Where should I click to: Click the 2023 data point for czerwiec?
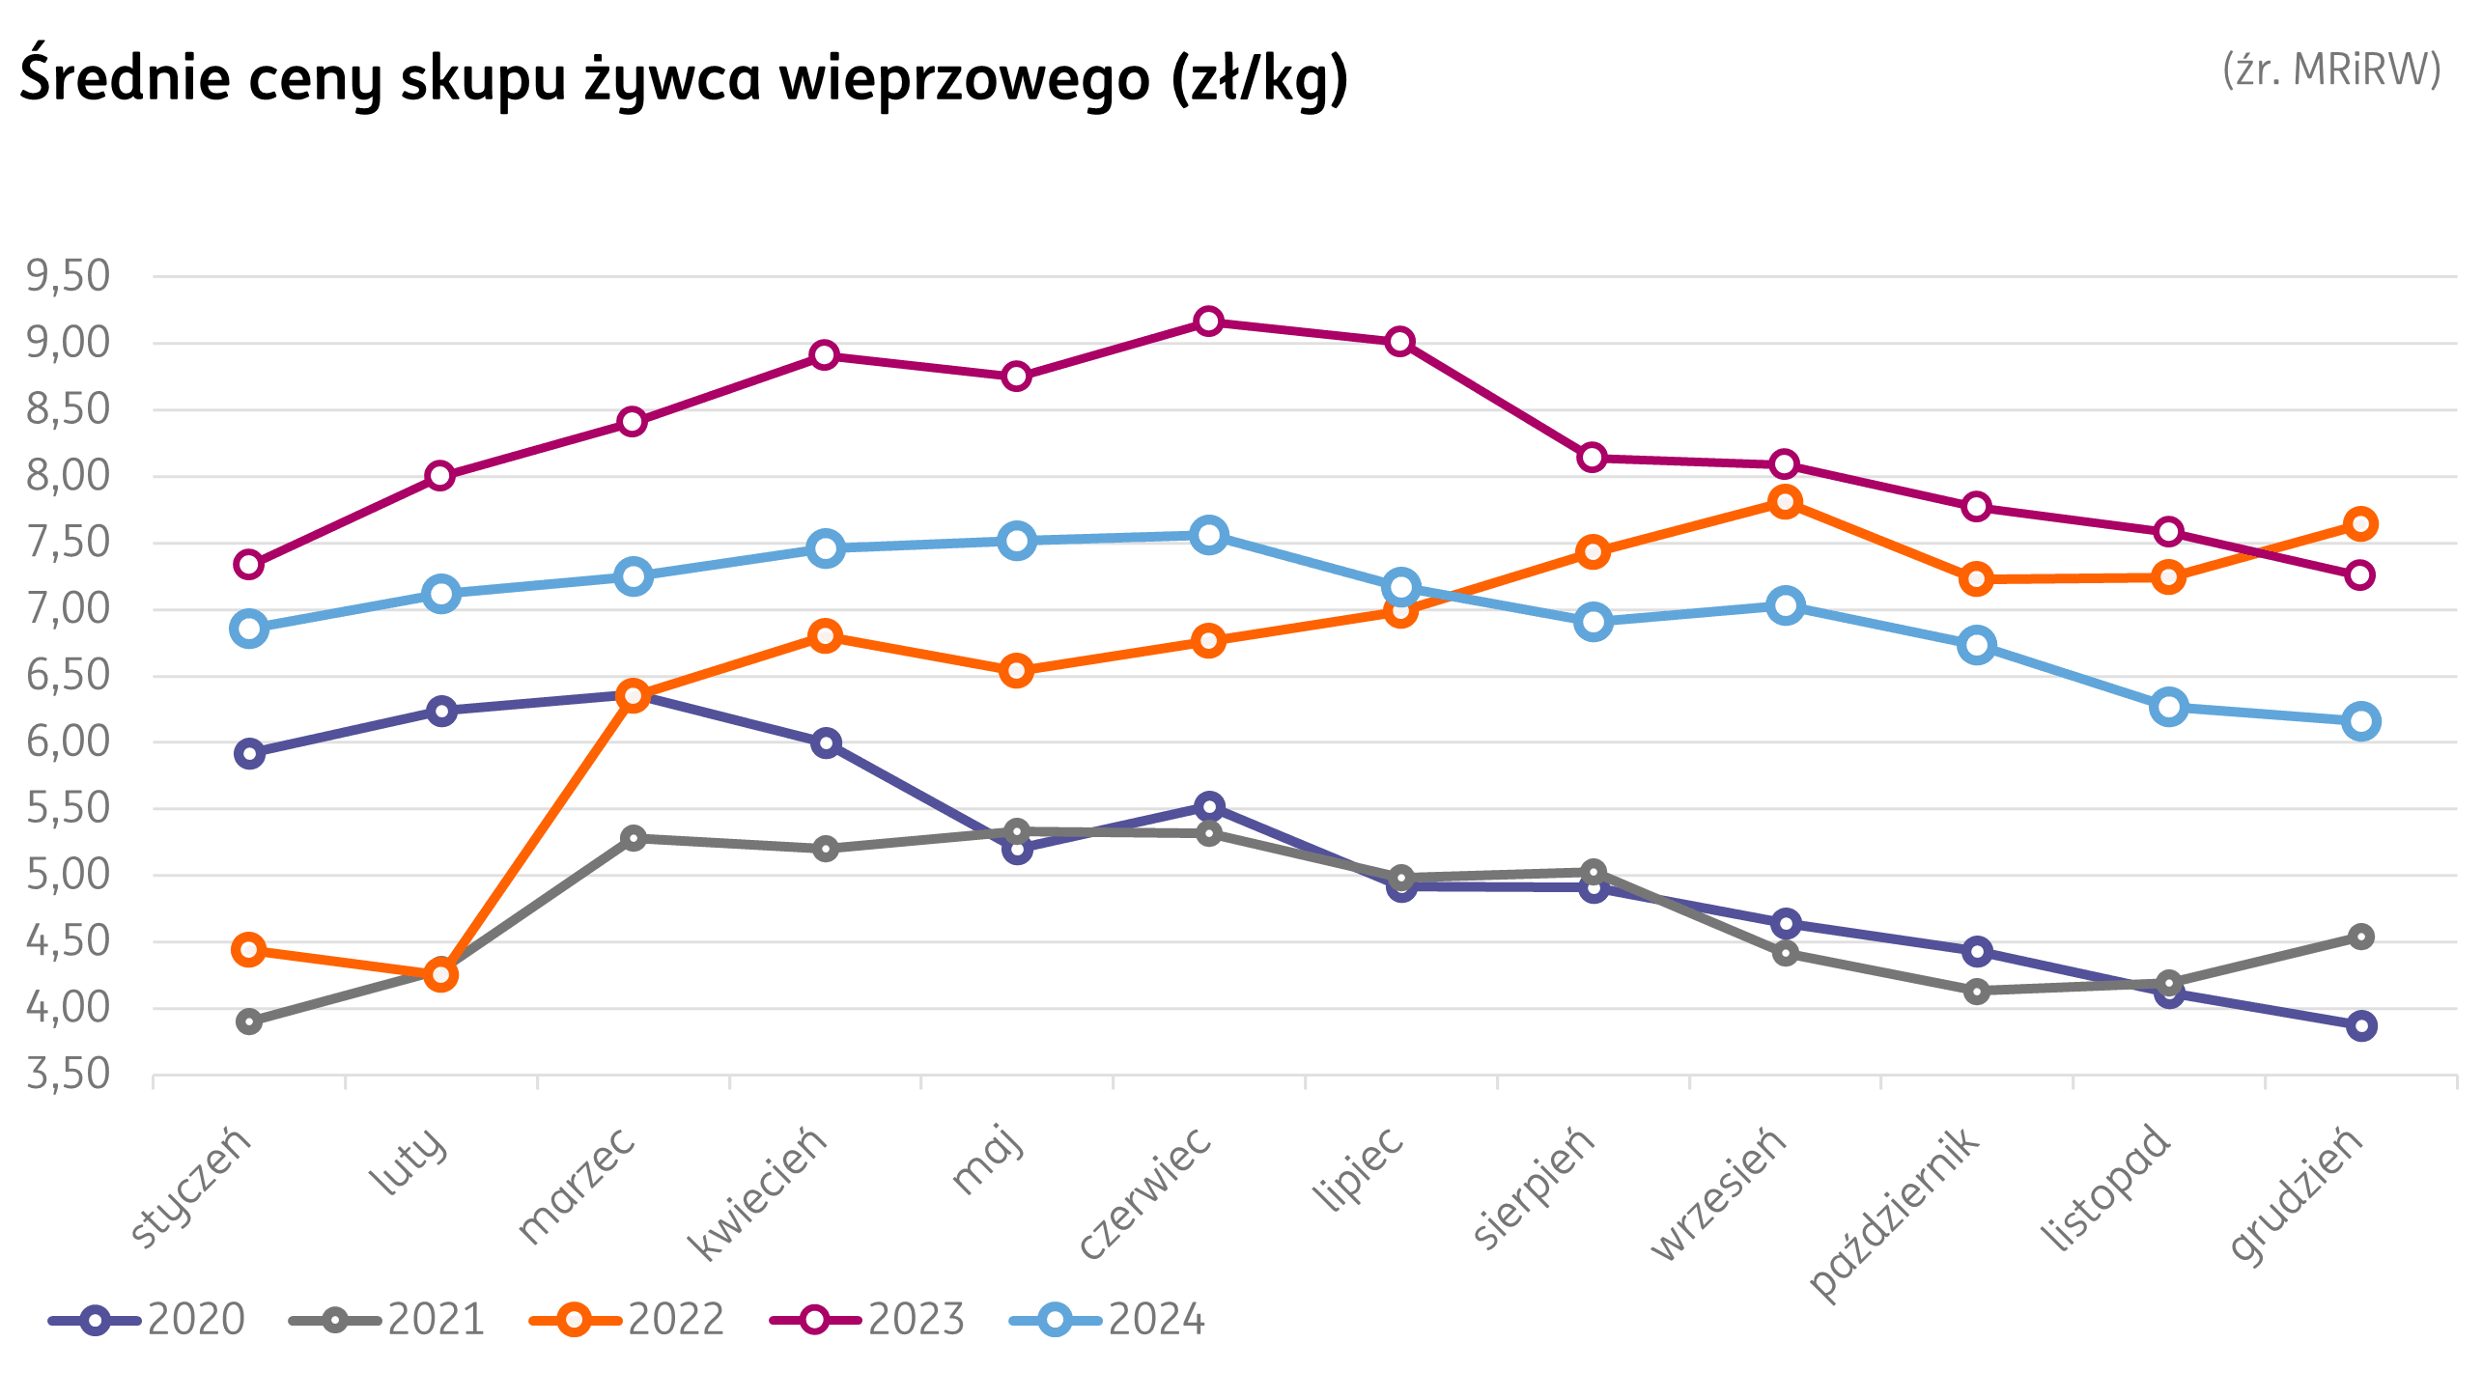click(1208, 322)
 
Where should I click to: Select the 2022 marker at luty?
click(441, 974)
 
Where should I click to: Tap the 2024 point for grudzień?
click(2360, 721)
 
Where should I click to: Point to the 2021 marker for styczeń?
click(249, 1021)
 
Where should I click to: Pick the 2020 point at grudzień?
click(2360, 1025)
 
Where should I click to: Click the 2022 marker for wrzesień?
click(1785, 501)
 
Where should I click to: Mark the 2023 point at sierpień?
click(1593, 457)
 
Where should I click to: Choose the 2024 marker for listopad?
click(2169, 707)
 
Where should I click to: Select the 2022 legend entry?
click(629, 1320)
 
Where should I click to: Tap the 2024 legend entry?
click(1109, 1320)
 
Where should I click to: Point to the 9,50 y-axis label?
click(69, 276)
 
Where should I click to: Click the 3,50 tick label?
click(69, 1074)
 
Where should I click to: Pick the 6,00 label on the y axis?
click(69, 742)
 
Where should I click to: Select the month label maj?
click(987, 1159)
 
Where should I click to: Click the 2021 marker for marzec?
click(633, 838)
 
